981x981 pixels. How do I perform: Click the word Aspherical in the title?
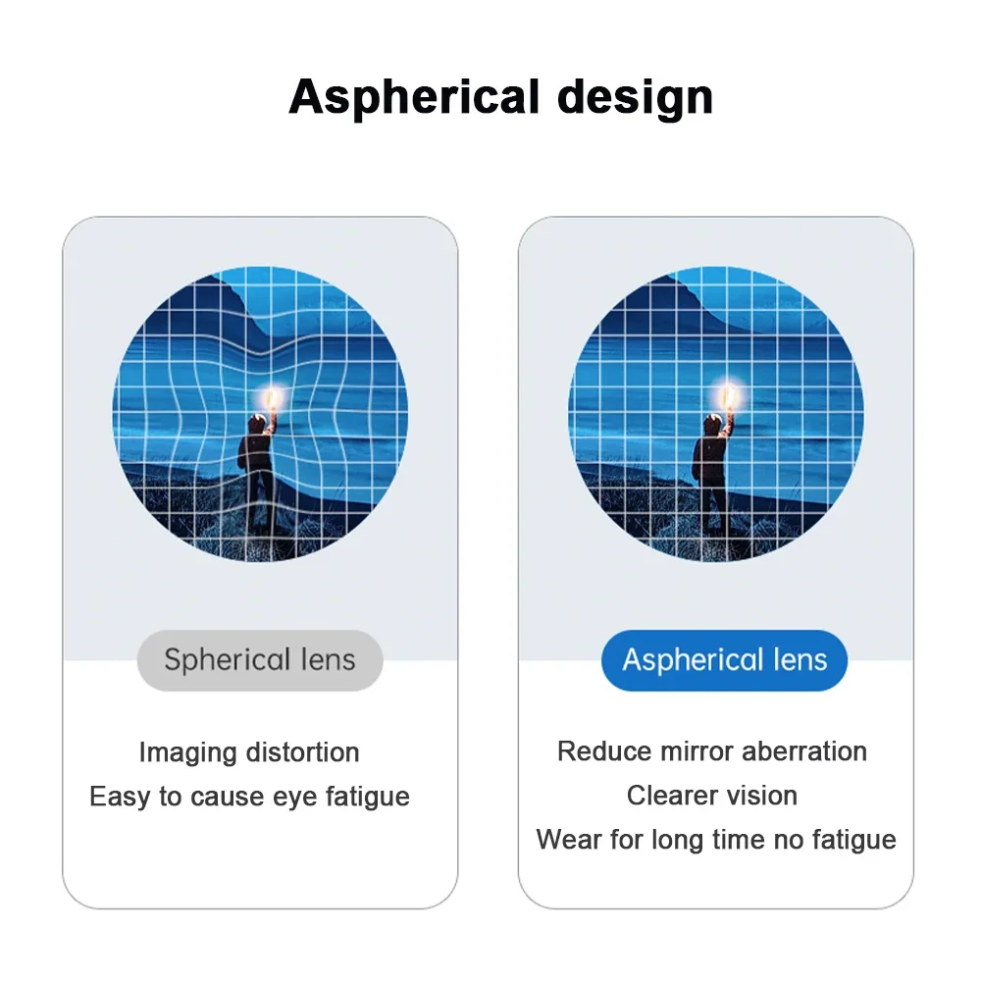tap(414, 98)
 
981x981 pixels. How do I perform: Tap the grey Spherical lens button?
tap(260, 660)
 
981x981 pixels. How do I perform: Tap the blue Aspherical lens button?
tap(724, 660)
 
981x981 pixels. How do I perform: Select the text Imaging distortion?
tap(249, 752)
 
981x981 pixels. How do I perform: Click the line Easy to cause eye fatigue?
tap(249, 796)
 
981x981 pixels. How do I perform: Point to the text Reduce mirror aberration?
tap(712, 751)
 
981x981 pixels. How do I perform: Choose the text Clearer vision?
tap(712, 796)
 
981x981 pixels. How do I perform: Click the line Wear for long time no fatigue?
tap(716, 840)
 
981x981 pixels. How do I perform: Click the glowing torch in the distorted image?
tap(273, 398)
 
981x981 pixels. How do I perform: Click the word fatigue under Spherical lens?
tap(367, 797)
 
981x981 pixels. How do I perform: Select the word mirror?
tap(695, 751)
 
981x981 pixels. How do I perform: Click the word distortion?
tap(303, 752)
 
